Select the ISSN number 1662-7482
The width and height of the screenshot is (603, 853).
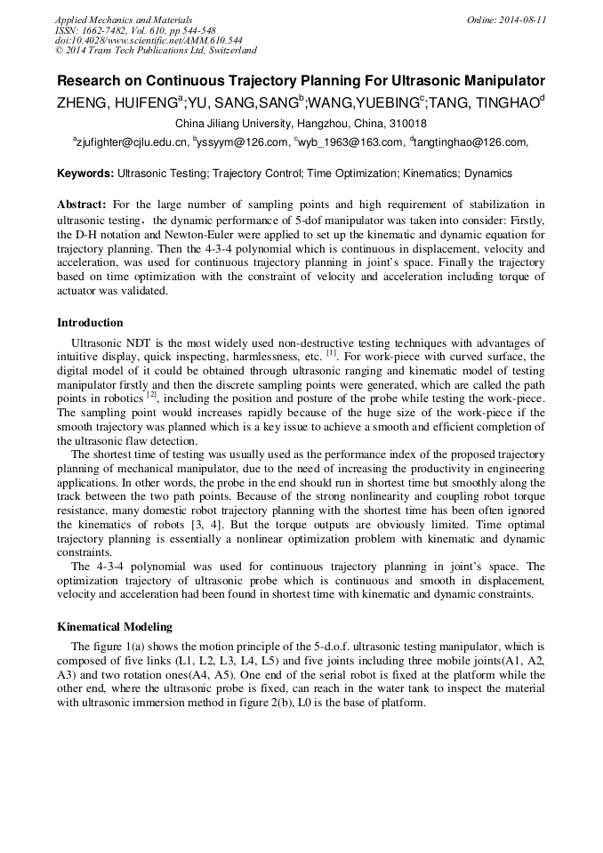point(116,30)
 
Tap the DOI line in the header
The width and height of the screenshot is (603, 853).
point(149,40)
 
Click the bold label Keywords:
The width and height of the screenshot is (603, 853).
point(85,173)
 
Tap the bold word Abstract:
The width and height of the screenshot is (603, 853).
point(82,205)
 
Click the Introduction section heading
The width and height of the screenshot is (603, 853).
point(90,323)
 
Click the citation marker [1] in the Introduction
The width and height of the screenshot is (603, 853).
point(331,352)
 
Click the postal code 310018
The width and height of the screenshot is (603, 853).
point(409,124)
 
